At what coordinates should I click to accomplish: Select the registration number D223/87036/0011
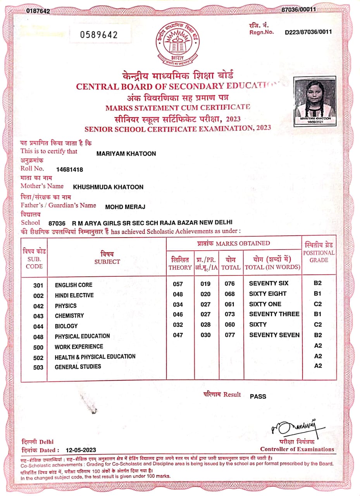308,32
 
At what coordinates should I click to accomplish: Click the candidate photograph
315,100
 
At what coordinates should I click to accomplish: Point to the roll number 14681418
70,169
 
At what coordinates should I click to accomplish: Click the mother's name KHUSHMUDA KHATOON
108,187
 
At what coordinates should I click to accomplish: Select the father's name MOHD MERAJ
125,207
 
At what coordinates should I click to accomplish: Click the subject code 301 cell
38,286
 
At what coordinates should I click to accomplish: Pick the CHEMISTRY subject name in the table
69,316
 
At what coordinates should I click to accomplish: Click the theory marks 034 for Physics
178,304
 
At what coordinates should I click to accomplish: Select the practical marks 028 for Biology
205,325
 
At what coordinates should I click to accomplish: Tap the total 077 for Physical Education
230,335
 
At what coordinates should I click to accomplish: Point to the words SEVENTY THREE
274,314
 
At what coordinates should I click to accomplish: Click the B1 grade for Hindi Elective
318,294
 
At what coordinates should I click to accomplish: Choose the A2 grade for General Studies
318,366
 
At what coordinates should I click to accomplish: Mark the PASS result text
258,396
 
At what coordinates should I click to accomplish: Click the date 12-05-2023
81,450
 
